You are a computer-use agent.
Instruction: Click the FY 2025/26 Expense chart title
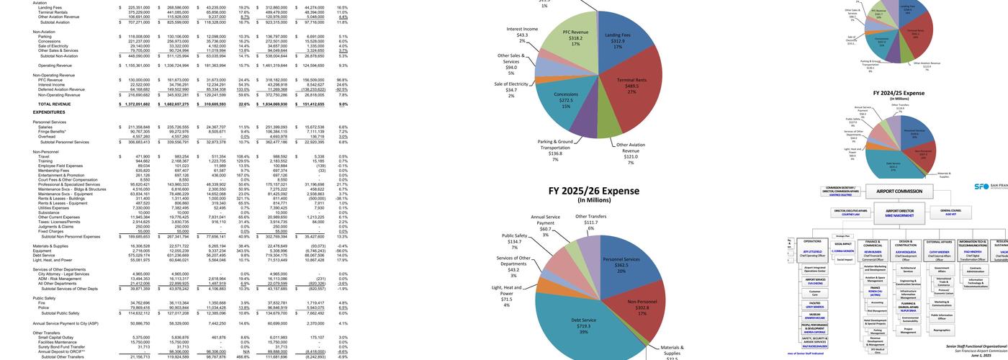[x=594, y=192]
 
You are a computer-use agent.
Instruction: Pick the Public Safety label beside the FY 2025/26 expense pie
[x=515, y=241]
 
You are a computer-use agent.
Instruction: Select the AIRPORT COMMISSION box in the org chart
[x=898, y=192]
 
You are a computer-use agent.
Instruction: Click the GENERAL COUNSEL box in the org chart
[x=950, y=212]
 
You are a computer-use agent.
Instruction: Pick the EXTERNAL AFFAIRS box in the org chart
[x=940, y=242]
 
